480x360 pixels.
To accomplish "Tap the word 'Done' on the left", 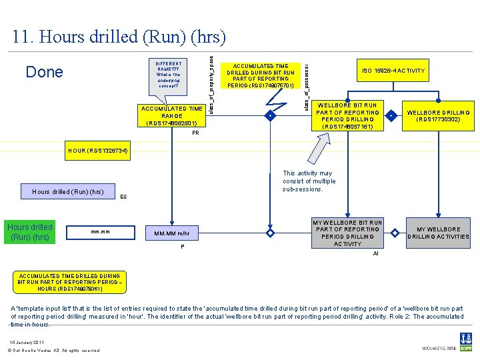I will [x=44, y=72].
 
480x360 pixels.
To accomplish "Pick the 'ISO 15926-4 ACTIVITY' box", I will [x=393, y=71].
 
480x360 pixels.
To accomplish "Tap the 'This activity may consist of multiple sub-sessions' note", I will [x=309, y=181].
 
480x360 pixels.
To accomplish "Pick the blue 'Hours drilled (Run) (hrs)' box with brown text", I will [x=30, y=231].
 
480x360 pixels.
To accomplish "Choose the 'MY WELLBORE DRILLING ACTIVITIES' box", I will [x=438, y=233].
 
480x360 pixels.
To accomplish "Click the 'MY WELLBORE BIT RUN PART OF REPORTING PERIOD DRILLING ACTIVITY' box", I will [x=347, y=233].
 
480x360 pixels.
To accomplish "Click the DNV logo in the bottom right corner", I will [x=467, y=341].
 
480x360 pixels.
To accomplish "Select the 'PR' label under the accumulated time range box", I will [x=195, y=133].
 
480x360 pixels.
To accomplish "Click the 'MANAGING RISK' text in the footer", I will [x=438, y=349].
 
